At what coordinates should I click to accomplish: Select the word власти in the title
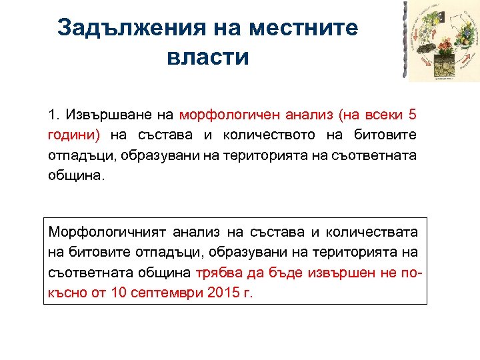click(x=208, y=57)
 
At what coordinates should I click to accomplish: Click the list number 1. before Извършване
click(x=54, y=115)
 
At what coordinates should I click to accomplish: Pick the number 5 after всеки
click(x=412, y=115)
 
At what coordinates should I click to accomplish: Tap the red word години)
click(x=74, y=135)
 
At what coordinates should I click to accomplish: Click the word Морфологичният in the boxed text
click(x=107, y=233)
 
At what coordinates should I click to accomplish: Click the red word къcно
click(x=65, y=293)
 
